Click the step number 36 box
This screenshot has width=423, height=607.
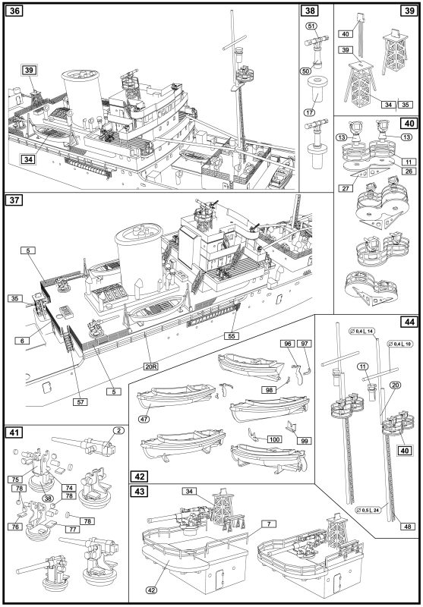[x=14, y=11]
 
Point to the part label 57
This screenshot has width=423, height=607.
[x=80, y=402]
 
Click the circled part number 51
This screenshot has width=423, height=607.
[x=311, y=26]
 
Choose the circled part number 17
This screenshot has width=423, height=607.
[x=309, y=112]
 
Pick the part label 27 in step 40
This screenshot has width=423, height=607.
[x=345, y=188]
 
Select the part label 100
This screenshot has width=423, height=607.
[x=274, y=439]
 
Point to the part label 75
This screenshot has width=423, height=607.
[x=15, y=480]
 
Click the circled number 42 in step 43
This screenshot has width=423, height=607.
[x=152, y=590]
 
